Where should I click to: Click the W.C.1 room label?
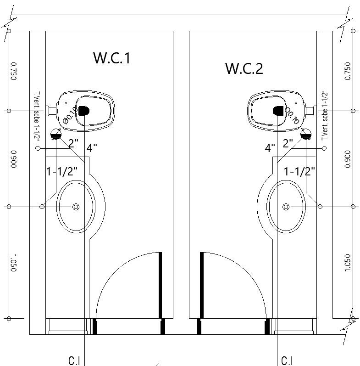(112, 58)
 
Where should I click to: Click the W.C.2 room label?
(244, 68)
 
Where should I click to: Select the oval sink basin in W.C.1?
(76, 207)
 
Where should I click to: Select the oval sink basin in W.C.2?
(287, 207)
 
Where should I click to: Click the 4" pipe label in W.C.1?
(92, 148)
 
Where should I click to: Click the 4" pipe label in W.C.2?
(270, 148)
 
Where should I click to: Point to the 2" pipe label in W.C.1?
(73, 143)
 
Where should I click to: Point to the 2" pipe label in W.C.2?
(288, 143)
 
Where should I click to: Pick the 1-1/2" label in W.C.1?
(62, 172)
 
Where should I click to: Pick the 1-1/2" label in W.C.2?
(299, 172)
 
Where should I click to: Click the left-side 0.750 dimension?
(13, 71)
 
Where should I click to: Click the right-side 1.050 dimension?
(347, 263)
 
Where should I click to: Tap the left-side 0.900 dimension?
(13, 158)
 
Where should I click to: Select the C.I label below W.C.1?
(74, 361)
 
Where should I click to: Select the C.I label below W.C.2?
(287, 361)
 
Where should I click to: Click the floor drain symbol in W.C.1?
(56, 134)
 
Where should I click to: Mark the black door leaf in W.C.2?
(201, 285)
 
